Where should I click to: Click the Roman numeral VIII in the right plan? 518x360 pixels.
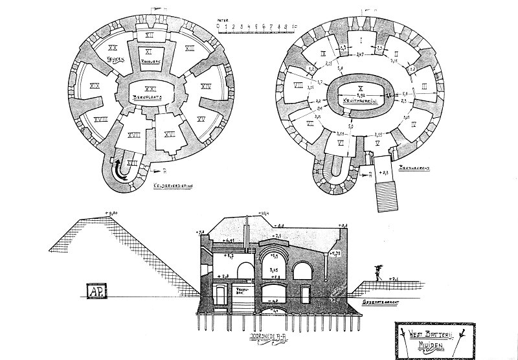(299, 85)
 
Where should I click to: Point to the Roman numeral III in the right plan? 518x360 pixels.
(424, 86)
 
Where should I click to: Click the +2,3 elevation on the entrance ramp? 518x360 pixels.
(385, 174)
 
